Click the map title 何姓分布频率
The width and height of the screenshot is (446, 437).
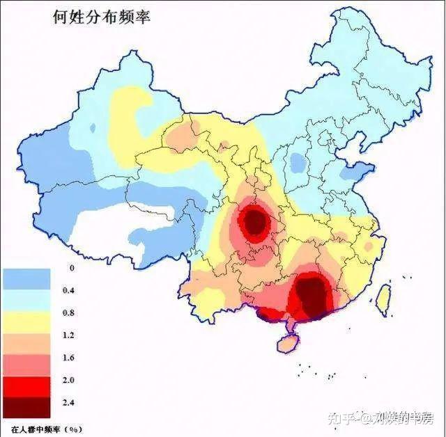[102, 17]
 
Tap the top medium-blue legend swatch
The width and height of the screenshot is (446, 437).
[26, 279]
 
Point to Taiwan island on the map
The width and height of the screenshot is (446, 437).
[383, 298]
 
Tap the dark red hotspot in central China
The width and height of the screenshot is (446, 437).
[255, 222]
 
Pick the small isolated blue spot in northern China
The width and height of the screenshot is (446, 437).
[298, 163]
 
